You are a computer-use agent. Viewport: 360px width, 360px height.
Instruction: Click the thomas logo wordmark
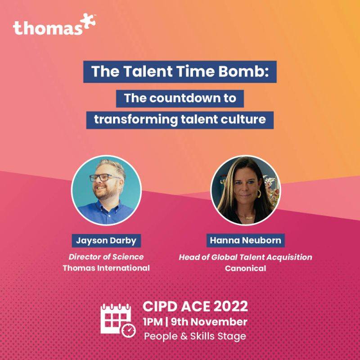(x=48, y=27)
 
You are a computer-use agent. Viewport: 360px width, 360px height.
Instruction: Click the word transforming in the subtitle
(x=136, y=120)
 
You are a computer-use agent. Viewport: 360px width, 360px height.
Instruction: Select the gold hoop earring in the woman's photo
(x=259, y=193)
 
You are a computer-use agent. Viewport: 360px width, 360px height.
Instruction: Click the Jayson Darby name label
(x=106, y=241)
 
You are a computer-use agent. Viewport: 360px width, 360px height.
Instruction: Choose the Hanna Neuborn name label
(x=245, y=240)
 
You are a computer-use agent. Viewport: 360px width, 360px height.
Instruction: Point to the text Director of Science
(x=106, y=256)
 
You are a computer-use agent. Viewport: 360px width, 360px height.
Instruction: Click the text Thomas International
(x=106, y=268)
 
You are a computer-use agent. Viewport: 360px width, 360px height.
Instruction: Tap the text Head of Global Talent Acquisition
(x=245, y=257)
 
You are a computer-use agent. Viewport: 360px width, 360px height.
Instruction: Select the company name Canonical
(x=245, y=268)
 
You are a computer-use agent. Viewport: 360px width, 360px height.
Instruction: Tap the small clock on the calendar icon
(x=129, y=331)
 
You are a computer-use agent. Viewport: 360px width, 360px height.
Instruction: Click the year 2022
(x=231, y=306)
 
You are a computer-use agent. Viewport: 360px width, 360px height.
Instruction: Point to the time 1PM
(x=153, y=322)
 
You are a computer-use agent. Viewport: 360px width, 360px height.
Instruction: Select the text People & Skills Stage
(x=195, y=336)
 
